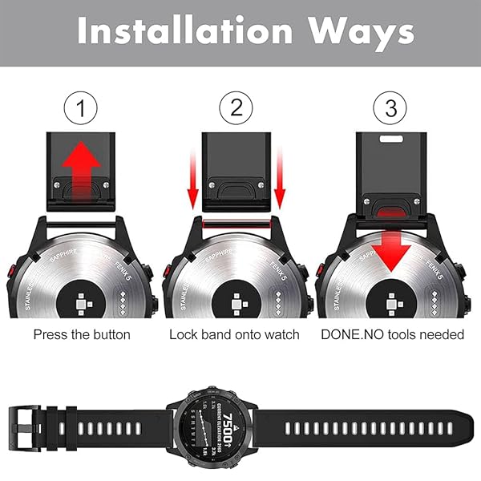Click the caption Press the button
(82, 333)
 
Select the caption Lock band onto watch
(234, 333)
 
